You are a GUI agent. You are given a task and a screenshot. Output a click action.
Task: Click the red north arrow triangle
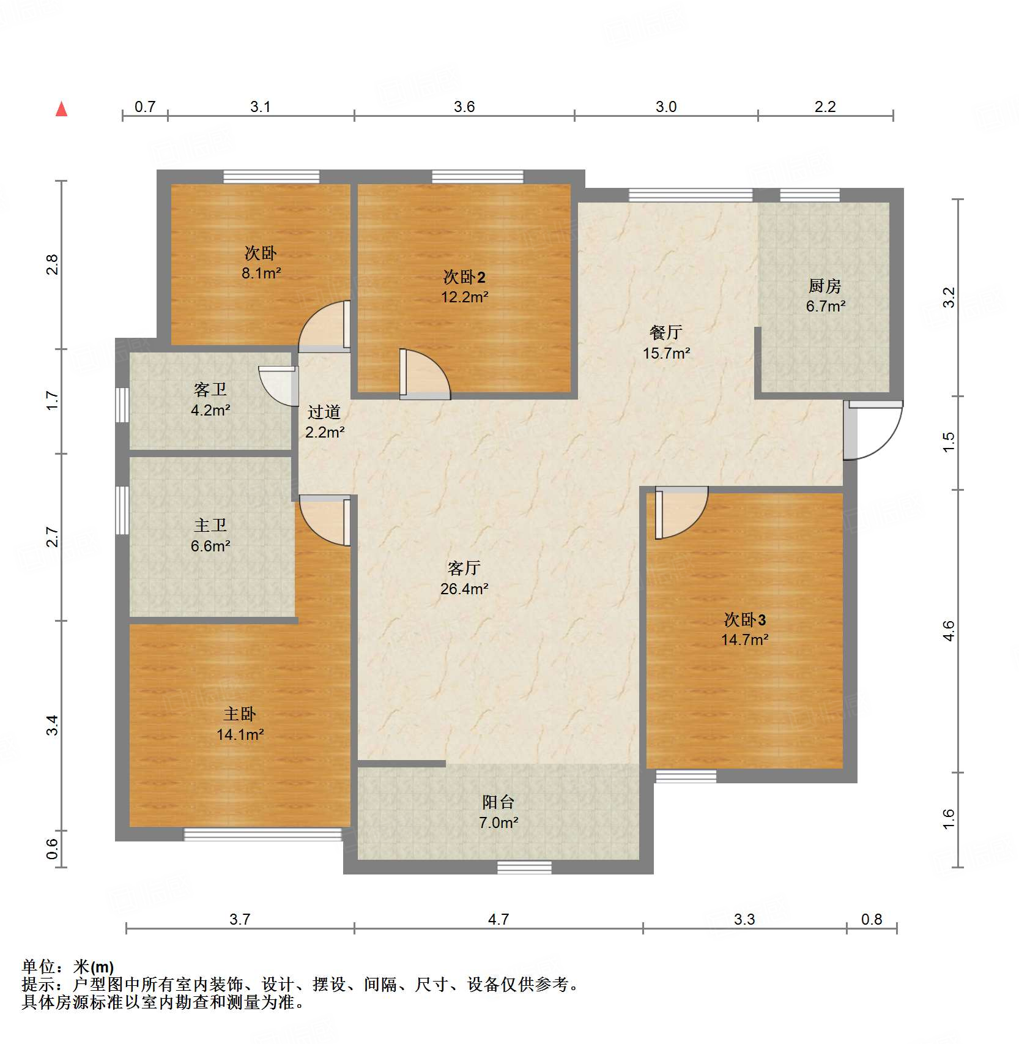pos(61,110)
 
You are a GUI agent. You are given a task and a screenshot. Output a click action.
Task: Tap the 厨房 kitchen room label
pos(824,286)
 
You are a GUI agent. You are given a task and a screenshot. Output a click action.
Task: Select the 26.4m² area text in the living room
pos(464,589)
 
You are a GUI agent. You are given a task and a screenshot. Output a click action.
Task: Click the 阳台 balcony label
pos(498,802)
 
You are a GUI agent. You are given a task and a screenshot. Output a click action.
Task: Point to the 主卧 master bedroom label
pos(239,714)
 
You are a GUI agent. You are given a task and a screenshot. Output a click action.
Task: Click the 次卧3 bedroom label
pos(744,620)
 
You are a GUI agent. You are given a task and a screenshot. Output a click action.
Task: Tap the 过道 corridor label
pos(324,412)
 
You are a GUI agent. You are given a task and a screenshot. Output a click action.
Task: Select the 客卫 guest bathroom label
pos(210,389)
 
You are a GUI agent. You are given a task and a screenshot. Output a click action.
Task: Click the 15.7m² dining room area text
pos(666,353)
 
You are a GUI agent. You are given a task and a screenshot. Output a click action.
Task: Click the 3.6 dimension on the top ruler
pos(464,107)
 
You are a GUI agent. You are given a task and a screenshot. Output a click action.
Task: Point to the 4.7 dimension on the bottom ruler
pos(498,919)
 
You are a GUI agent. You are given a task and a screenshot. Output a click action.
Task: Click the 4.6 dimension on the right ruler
pos(948,630)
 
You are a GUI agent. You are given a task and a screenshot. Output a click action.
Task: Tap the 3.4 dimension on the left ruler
pos(53,725)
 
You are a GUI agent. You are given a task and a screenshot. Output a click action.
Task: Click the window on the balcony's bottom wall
pos(524,867)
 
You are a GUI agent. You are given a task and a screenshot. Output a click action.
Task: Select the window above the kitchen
pos(809,195)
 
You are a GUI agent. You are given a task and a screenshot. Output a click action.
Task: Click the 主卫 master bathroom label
pos(210,525)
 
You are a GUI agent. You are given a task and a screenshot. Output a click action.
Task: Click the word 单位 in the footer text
pos(39,967)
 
